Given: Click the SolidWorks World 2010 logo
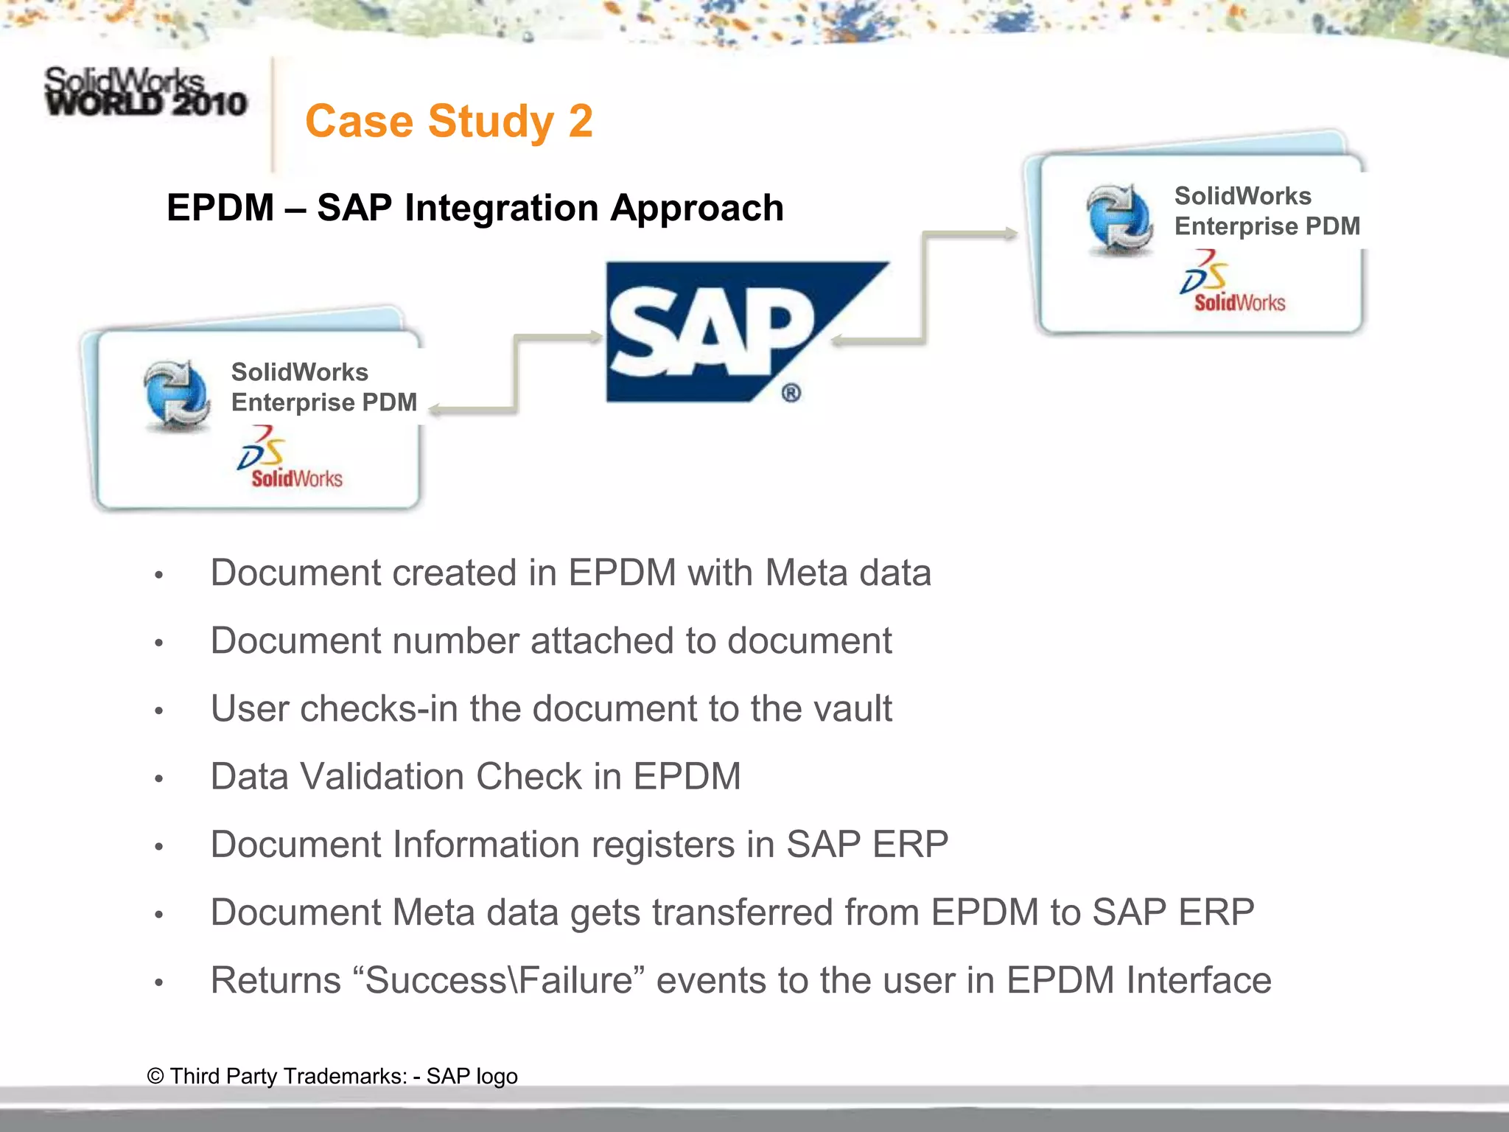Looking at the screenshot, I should click(x=145, y=92).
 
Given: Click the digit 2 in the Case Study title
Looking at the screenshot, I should click(x=580, y=122).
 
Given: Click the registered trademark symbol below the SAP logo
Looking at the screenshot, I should click(x=791, y=393).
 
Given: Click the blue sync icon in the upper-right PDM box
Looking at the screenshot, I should click(x=1119, y=219).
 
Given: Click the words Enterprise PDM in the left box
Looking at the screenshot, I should click(x=324, y=402).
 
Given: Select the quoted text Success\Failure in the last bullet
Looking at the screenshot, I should click(x=500, y=981).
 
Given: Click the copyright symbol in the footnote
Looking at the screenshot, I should click(x=155, y=1076).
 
